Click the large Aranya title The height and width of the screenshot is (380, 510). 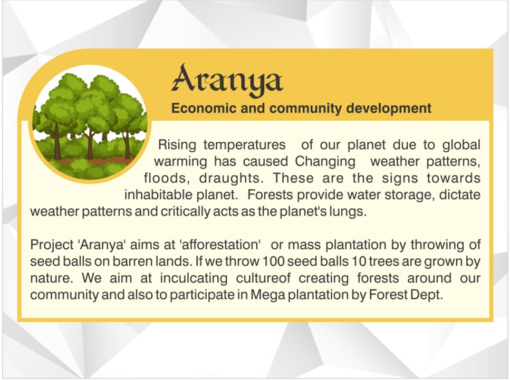[x=227, y=80]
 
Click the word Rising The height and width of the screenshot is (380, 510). [x=177, y=145]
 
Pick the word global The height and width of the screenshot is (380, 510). [x=461, y=144]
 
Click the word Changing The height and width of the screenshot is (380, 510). [x=325, y=162]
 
